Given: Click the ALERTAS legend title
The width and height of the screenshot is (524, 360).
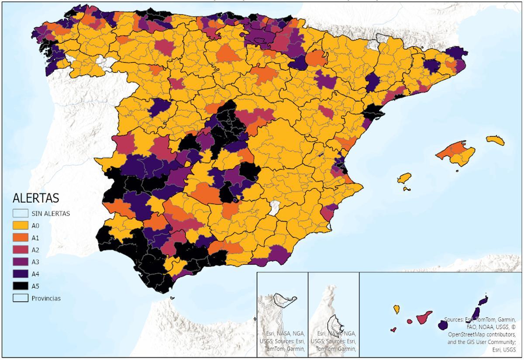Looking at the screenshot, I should point(35,198).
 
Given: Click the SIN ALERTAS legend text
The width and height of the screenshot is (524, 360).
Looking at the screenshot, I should point(50,214).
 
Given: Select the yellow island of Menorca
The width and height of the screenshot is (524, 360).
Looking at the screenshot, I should point(495,140).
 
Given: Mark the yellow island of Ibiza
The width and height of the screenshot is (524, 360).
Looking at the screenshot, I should point(404,179).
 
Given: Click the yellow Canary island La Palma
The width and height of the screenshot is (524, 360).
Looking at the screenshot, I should point(396,309).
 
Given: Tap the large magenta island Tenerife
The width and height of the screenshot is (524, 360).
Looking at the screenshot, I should point(424,318).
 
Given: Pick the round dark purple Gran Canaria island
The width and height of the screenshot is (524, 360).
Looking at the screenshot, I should point(443,325).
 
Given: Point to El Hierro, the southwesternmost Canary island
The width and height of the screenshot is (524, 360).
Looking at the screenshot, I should point(393,329).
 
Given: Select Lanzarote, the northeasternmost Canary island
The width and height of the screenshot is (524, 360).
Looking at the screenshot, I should point(483,301).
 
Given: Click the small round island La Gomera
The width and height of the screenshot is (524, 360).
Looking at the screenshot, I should point(410,322).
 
